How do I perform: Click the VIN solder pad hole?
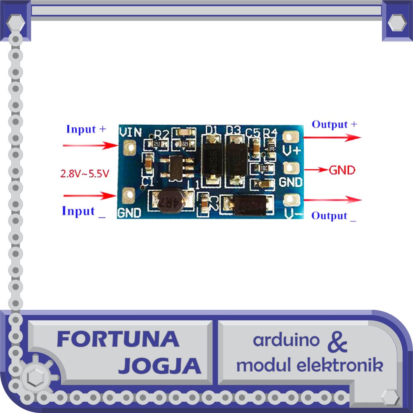(130, 149)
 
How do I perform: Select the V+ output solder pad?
(291, 137)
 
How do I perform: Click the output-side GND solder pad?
(291, 167)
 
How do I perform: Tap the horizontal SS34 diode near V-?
(249, 205)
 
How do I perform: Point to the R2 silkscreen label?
(161, 134)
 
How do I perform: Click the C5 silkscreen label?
(253, 132)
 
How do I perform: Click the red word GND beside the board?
(342, 170)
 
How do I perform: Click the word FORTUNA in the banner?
(118, 339)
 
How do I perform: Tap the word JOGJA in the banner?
(160, 366)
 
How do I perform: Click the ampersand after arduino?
(337, 342)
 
